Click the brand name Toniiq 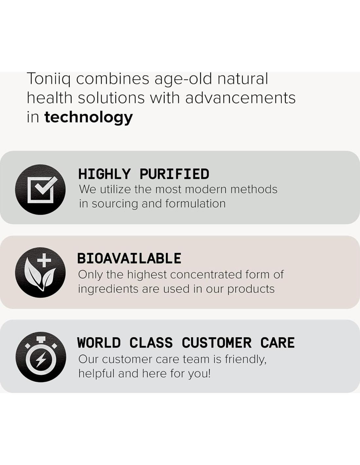49,79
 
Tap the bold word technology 89,117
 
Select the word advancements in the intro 240,98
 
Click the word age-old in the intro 184,79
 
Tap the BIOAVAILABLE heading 129,258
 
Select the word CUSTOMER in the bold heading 217,343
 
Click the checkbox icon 40,190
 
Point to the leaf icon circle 40,273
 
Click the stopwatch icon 40,357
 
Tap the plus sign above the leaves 44,260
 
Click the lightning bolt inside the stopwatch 40,360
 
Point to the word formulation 195,203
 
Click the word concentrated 206,275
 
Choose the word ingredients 108,289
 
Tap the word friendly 246,359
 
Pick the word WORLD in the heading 99,343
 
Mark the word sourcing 115,204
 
